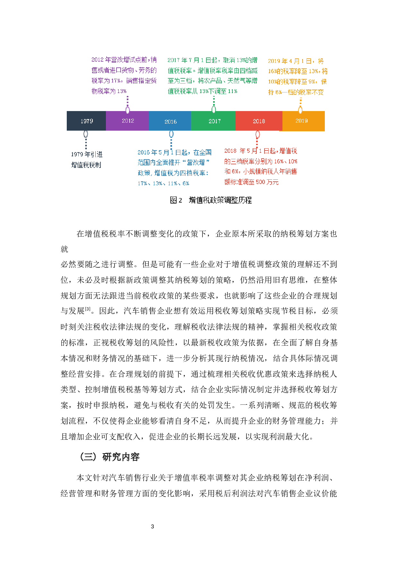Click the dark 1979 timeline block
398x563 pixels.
pos(86,121)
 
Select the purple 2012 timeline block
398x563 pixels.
pos(127,121)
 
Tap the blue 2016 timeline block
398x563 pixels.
pos(170,121)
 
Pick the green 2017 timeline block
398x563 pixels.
pos(213,121)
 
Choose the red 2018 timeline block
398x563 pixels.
pos(259,121)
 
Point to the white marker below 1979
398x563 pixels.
pos(86,134)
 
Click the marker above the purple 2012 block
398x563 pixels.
pos(128,110)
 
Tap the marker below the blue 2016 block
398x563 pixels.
pos(171,134)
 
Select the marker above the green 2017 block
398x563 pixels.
pos(214,109)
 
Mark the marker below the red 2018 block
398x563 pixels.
pos(257,134)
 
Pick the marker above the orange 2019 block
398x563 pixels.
pos(300,110)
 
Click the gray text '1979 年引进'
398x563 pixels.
pos(87,154)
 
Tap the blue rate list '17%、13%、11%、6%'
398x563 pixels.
pos(163,184)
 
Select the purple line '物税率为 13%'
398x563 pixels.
pos(109,91)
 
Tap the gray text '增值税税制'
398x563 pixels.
pos(86,165)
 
